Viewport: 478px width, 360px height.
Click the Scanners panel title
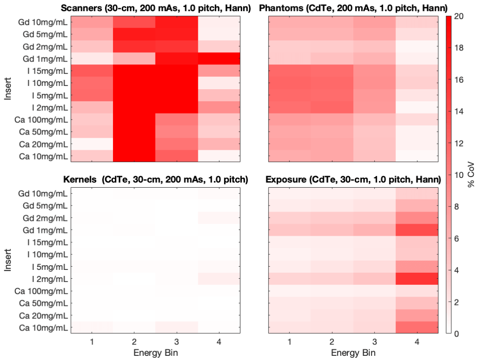155,8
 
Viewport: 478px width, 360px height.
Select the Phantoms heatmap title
353,8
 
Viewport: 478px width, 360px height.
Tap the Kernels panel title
155,179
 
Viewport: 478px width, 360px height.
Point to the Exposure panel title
353,179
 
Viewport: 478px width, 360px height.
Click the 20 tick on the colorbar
458,16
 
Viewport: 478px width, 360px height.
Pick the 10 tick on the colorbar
458,175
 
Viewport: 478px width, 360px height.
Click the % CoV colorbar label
471,175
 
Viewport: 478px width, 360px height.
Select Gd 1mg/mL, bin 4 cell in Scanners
219,59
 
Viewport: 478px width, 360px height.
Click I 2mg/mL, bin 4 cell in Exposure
417,279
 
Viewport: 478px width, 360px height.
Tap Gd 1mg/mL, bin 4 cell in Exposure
417,230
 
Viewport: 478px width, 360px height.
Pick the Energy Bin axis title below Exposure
353,353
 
